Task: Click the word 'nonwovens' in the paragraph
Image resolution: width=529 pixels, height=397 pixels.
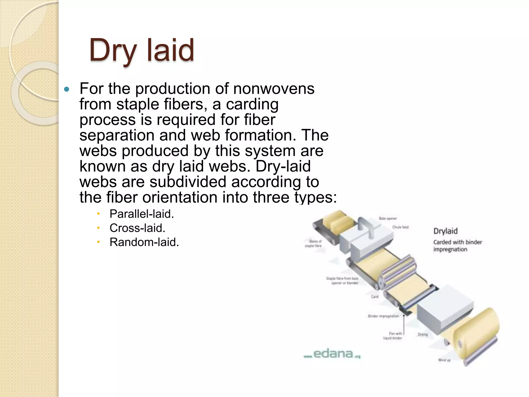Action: point(274,89)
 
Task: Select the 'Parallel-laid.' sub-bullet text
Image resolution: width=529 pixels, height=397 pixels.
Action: point(142,214)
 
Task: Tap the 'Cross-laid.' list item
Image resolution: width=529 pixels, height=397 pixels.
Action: point(137,228)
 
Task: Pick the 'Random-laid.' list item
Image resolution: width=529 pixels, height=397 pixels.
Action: point(144,242)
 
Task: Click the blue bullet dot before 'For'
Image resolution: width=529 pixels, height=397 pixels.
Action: point(67,89)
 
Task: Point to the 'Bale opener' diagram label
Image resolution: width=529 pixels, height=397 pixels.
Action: point(387,218)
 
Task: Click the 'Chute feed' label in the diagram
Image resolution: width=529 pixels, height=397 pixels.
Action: point(400,227)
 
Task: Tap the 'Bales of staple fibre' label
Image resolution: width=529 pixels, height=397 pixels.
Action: point(313,243)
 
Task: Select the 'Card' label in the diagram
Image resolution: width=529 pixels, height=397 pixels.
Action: point(375,297)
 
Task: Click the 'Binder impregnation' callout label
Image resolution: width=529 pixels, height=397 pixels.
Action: point(383,316)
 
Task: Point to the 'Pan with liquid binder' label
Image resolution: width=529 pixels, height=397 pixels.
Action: point(393,336)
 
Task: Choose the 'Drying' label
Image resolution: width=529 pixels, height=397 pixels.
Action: point(423,334)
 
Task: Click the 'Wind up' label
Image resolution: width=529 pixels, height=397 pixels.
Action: point(444,360)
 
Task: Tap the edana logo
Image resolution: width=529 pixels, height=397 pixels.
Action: point(332,354)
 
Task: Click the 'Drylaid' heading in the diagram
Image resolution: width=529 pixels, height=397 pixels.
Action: point(445,231)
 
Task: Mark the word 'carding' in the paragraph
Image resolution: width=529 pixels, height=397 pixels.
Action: point(252,104)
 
